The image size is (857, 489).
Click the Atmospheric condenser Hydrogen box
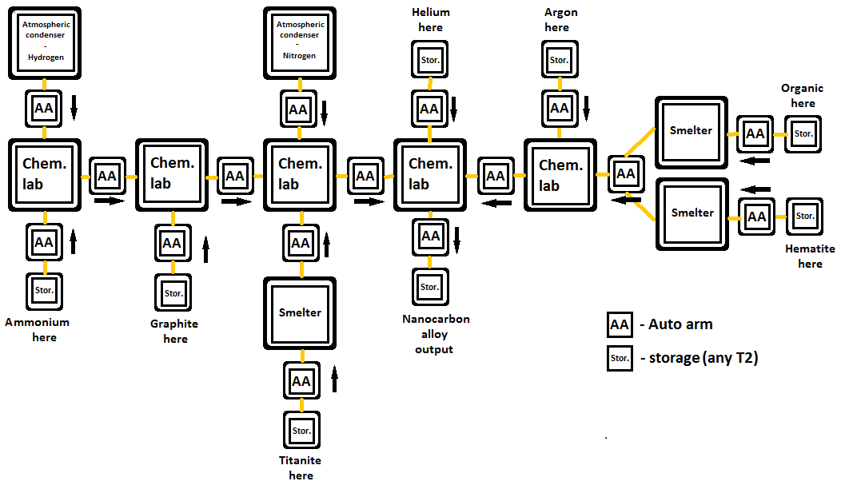tap(46, 42)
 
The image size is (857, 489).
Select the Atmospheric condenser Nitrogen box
tap(299, 42)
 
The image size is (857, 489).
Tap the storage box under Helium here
tap(429, 60)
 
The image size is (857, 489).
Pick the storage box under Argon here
tap(559, 60)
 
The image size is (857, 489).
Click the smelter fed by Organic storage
tap(692, 132)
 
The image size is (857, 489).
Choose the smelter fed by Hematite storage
tap(692, 213)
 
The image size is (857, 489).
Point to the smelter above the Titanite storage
tap(300, 313)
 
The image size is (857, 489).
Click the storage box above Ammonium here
tap(44, 290)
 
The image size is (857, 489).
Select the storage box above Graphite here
tap(173, 293)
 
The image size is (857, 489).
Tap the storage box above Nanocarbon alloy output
tap(430, 287)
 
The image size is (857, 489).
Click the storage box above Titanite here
tap(301, 431)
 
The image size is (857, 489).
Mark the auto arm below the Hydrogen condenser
tap(44, 108)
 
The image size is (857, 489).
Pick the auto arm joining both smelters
tap(625, 174)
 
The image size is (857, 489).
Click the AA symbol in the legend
tap(620, 325)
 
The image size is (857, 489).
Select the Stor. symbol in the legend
tap(620, 358)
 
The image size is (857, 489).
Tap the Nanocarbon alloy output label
tap(436, 334)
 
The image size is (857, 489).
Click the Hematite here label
tap(810, 256)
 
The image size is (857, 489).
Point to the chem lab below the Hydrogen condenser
tap(44, 175)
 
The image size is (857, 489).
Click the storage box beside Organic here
tap(803, 133)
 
